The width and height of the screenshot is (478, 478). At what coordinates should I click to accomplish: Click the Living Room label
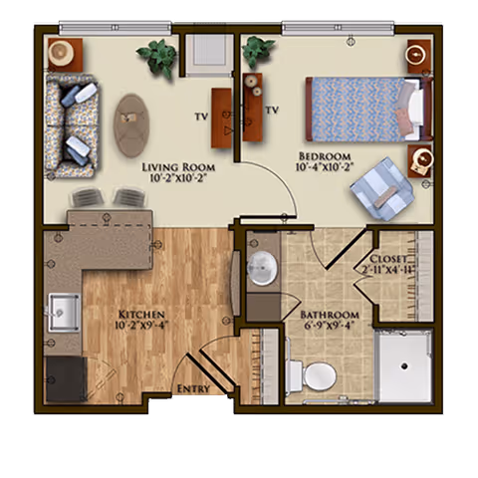(178, 166)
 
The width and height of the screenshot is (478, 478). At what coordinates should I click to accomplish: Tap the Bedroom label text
(324, 156)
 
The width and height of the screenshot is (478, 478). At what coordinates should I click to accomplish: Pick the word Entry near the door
(193, 388)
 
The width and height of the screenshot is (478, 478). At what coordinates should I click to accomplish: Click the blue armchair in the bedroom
(381, 188)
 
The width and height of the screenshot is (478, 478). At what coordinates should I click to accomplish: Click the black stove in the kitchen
(66, 378)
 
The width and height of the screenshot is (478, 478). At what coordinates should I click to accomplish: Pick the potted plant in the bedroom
(257, 50)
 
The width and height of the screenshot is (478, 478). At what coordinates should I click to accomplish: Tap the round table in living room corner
(67, 50)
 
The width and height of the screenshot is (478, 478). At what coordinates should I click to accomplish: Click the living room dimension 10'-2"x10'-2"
(178, 180)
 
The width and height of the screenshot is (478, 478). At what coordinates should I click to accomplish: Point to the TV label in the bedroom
(271, 108)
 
